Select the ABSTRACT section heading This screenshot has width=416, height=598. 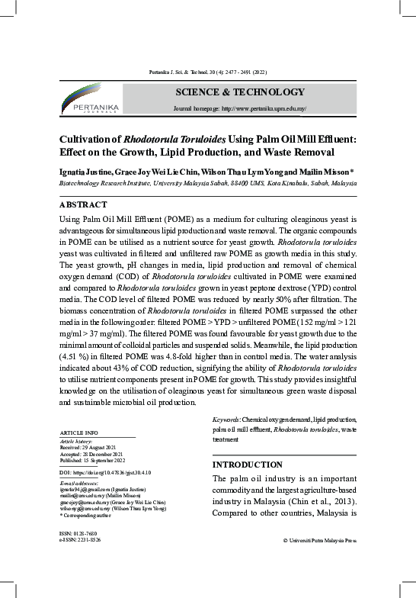point(84,204)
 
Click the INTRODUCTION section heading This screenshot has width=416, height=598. point(247,465)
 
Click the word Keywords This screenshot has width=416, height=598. point(226,420)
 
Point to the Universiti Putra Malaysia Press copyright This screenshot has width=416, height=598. point(319,539)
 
